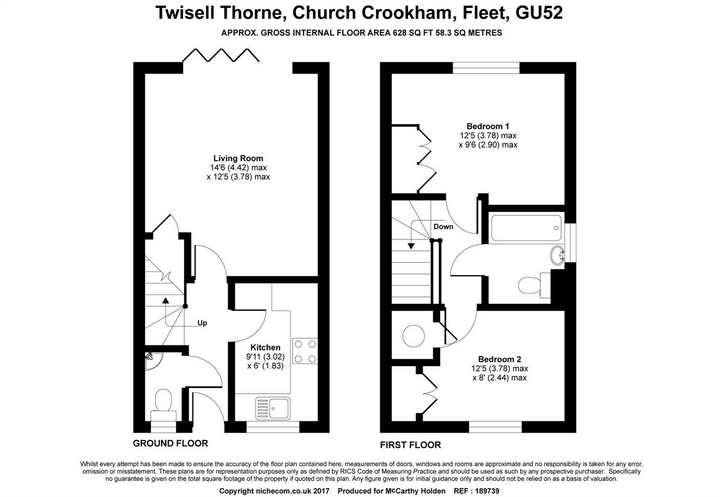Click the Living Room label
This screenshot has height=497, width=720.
(x=238, y=158)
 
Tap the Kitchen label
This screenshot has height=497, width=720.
(x=265, y=348)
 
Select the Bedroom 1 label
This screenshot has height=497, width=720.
(x=487, y=126)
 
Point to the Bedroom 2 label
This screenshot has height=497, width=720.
(x=499, y=359)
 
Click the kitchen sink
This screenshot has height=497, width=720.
(x=273, y=408)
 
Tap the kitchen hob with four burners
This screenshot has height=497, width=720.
(x=305, y=351)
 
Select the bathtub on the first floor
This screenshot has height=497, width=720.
(x=526, y=228)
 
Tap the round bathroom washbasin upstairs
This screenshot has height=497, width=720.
(x=558, y=255)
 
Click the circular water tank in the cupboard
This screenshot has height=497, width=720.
(x=414, y=336)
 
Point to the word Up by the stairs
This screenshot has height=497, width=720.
(x=202, y=323)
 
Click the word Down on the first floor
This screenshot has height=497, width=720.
(x=443, y=227)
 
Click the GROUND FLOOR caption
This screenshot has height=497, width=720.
(x=170, y=443)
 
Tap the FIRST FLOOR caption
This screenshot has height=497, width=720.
(x=410, y=445)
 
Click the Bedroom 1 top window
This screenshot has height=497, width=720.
(x=486, y=67)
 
